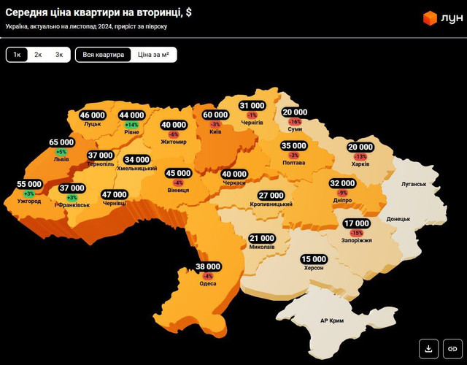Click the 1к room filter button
coord(17,55)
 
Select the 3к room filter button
coord(59,55)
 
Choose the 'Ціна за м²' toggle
coord(154,55)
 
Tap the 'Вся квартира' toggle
coord(103,55)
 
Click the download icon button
coord(429,348)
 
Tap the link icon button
coord(453,348)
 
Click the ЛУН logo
coord(443,18)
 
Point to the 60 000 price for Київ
coord(215,115)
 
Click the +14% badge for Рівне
coord(132,125)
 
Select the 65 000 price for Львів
coord(61,142)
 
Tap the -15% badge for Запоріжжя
coord(356,233)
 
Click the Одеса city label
coord(208,284)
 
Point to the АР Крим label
coord(333,320)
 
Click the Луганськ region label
coord(414,184)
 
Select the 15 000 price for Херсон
coord(314,259)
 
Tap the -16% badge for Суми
coord(295,122)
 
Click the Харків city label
coord(360,164)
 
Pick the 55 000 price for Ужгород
coord(29,185)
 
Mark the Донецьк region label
coord(398,218)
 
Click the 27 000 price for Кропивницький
coord(271,196)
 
